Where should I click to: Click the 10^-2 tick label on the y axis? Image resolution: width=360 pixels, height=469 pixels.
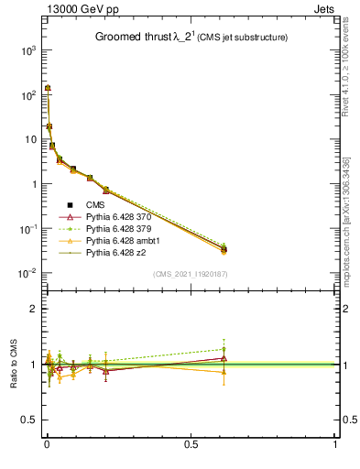click(x=27, y=273)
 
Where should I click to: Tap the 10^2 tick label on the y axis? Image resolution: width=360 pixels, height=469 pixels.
click(x=27, y=95)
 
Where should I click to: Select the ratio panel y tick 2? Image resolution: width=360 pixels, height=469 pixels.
click(x=33, y=309)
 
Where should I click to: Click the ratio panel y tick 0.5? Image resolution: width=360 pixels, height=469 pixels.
click(x=29, y=420)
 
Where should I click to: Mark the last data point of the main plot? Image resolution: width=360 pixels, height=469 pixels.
click(x=224, y=248)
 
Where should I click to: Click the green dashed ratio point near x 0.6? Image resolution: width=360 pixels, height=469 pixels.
click(x=224, y=349)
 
